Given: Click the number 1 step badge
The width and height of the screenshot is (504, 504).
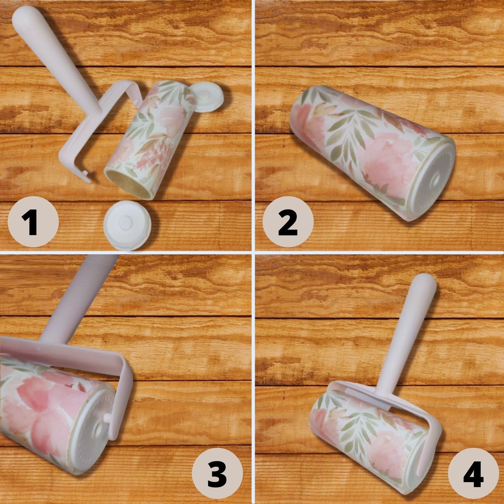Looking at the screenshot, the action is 33,221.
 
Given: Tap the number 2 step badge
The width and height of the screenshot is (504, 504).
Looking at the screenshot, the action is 288,221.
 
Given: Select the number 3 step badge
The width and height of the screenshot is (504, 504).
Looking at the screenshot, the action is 217,473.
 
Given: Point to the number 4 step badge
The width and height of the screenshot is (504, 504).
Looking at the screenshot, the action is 473,473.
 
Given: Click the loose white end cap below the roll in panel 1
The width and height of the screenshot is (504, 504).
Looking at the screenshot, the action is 127,225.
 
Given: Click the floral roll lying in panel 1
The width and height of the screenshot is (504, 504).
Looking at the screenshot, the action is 149,138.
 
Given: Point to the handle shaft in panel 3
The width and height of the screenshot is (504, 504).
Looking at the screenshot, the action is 78,298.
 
